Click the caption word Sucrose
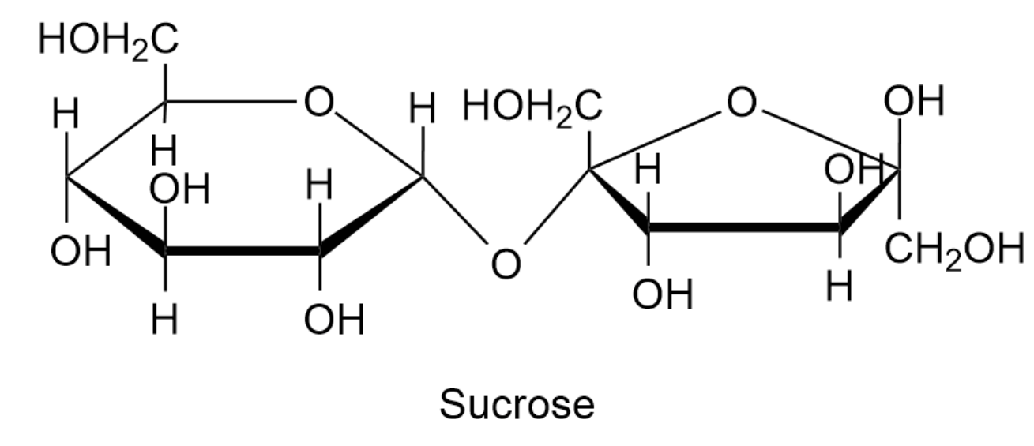point(517,405)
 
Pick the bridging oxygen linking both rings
point(506,264)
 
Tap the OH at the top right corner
point(914,101)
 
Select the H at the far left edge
point(66,116)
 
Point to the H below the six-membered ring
point(164,320)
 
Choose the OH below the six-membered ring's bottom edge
point(334,320)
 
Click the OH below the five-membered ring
point(662,295)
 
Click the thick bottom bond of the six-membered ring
point(243,252)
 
